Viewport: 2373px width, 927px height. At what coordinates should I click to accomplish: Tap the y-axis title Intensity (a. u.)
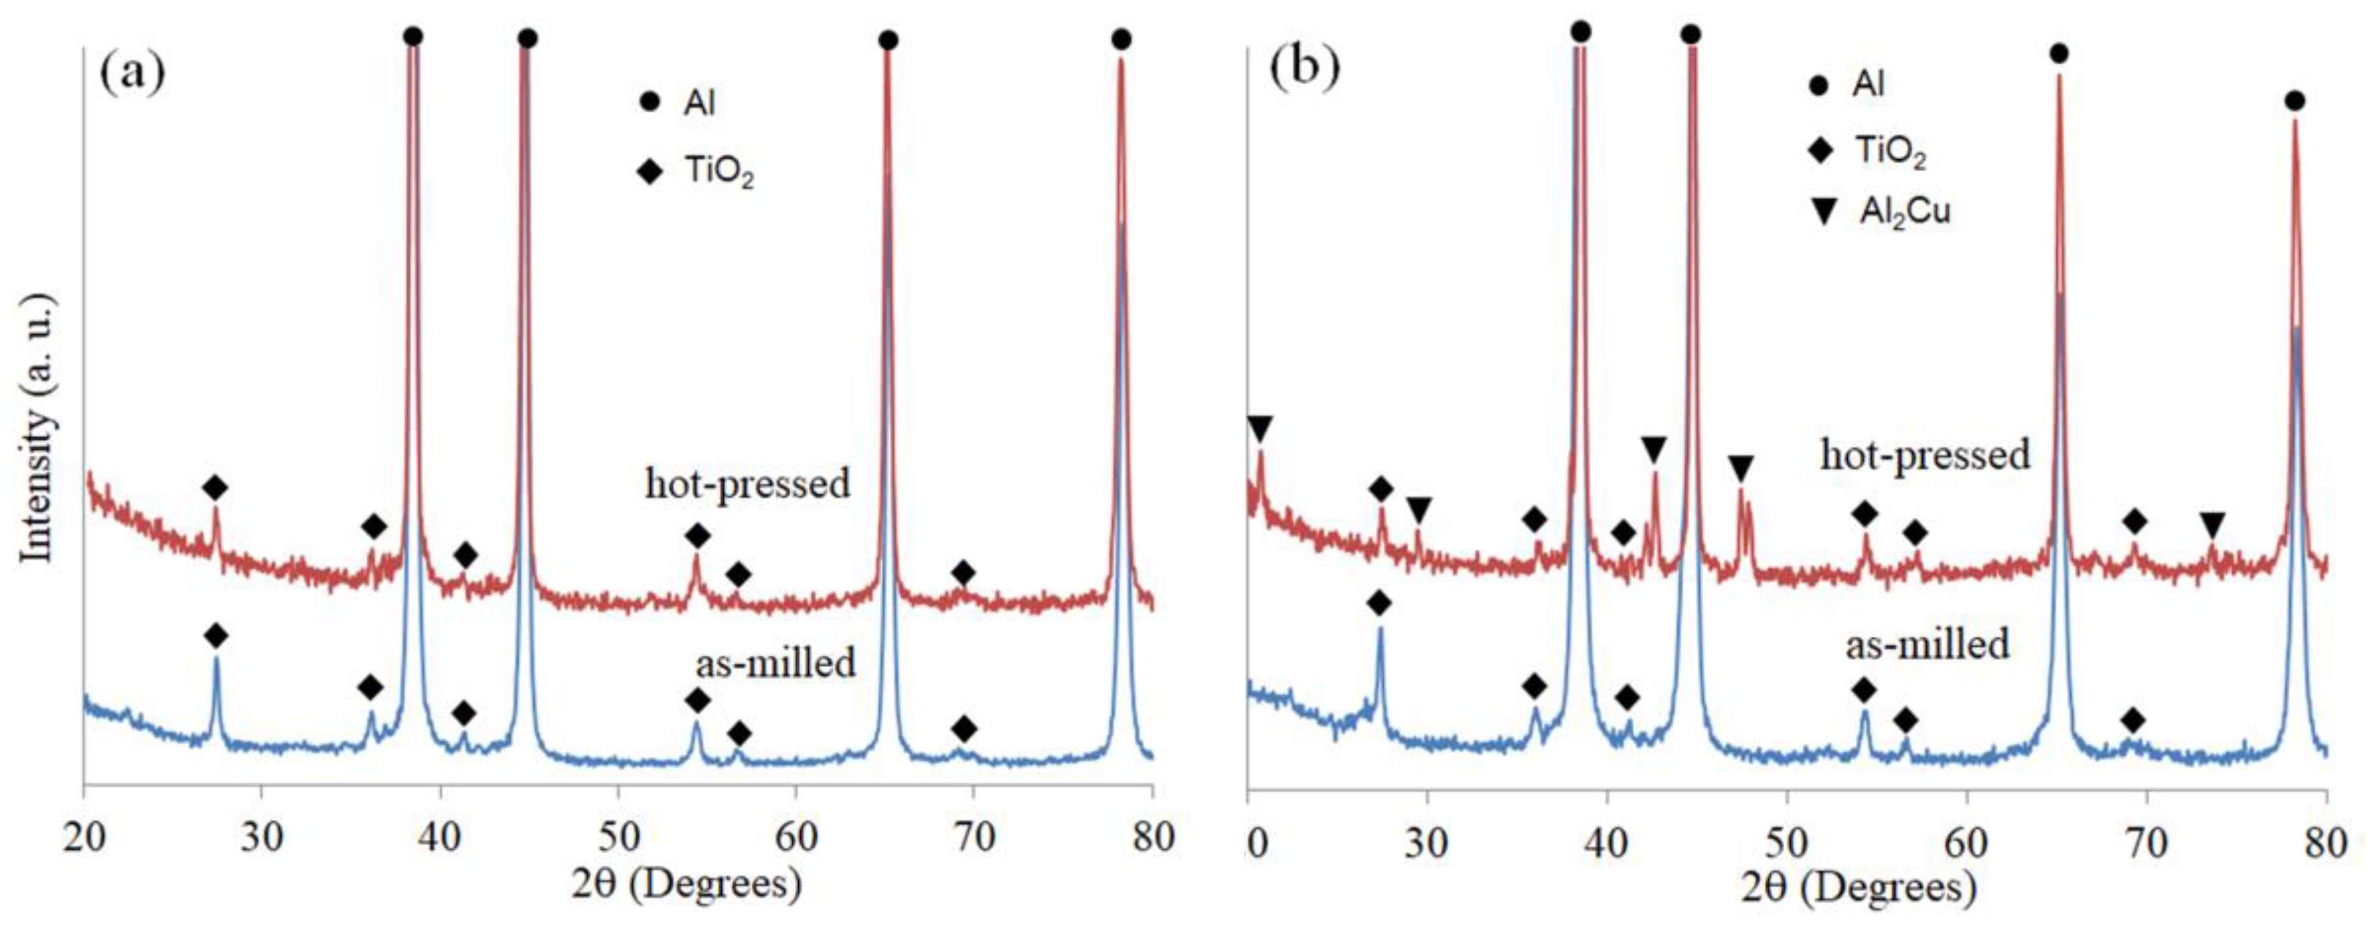39,429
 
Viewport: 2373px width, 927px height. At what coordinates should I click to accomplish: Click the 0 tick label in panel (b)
1258,842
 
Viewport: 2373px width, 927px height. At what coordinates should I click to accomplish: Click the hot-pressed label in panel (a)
746,484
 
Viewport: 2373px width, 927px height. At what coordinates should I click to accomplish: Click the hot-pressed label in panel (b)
1926,454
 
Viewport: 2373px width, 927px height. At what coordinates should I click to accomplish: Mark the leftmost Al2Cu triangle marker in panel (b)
1260,429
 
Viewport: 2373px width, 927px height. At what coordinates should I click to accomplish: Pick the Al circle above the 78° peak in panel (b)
2295,101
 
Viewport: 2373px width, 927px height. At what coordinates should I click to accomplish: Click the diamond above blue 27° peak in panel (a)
216,635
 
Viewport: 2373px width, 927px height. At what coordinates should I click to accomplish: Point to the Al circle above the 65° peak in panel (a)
888,41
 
